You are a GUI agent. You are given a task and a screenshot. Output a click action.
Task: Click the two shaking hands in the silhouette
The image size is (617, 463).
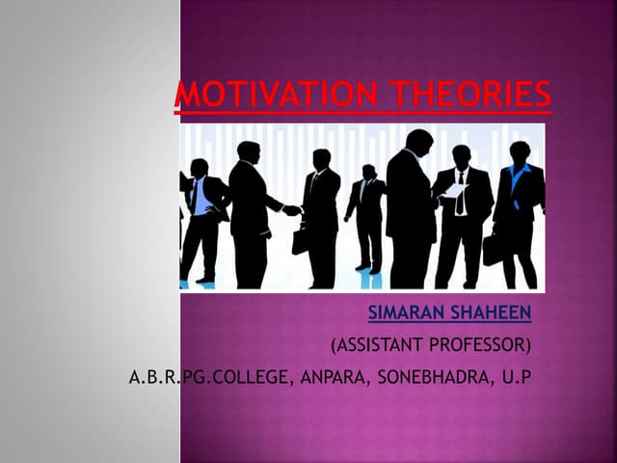[291, 209]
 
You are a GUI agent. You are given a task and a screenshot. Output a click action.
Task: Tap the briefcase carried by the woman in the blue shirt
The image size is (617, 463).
[493, 248]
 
